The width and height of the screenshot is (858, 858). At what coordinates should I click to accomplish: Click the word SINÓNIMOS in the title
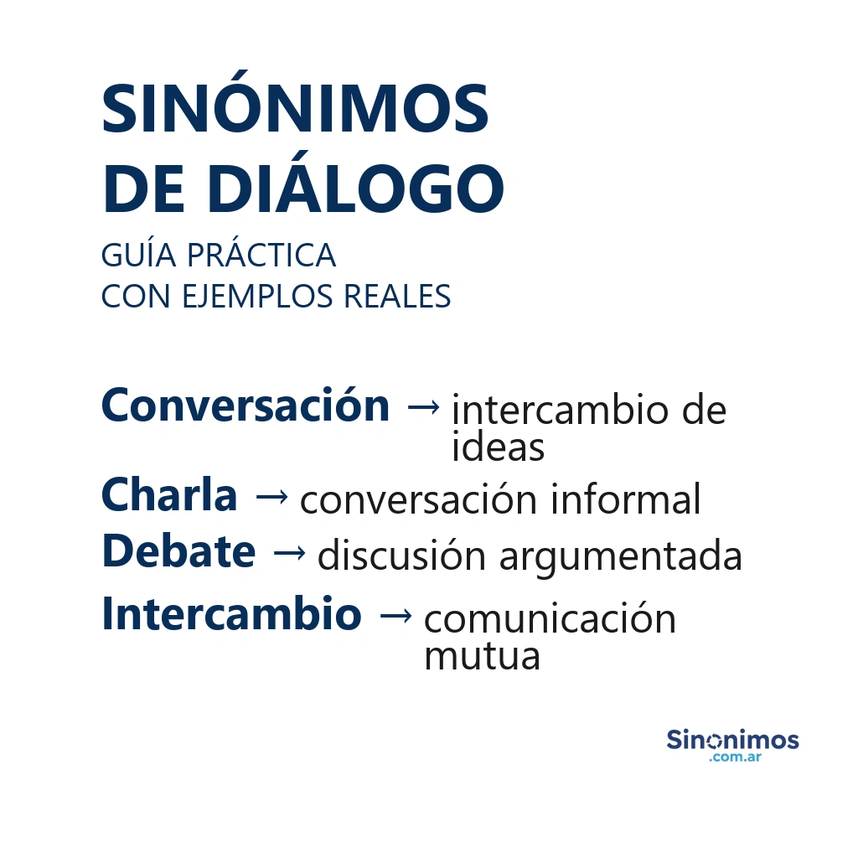[295, 110]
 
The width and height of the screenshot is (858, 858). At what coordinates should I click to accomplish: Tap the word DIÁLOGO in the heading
[355, 189]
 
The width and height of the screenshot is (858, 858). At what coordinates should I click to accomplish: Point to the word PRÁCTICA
[261, 255]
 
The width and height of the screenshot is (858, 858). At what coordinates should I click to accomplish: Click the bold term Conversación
[246, 406]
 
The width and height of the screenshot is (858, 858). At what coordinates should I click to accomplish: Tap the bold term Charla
[169, 495]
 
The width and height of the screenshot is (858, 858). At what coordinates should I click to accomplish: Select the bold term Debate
[178, 551]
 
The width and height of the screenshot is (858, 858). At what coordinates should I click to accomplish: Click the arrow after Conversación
[422, 407]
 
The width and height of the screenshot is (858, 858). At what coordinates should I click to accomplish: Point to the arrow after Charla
[271, 497]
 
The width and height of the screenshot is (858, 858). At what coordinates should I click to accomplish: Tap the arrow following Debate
[289, 553]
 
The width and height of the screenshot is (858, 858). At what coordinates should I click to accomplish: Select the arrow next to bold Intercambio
[395, 616]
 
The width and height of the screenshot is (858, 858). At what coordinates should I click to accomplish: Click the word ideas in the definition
[498, 447]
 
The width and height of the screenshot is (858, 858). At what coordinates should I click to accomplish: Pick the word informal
[625, 500]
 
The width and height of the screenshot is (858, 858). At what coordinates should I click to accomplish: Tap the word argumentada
[621, 556]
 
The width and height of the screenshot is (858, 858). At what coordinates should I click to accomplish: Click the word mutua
[482, 656]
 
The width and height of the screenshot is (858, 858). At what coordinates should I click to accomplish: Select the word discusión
[402, 556]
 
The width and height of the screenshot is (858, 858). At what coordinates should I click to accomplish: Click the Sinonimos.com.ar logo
[732, 745]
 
